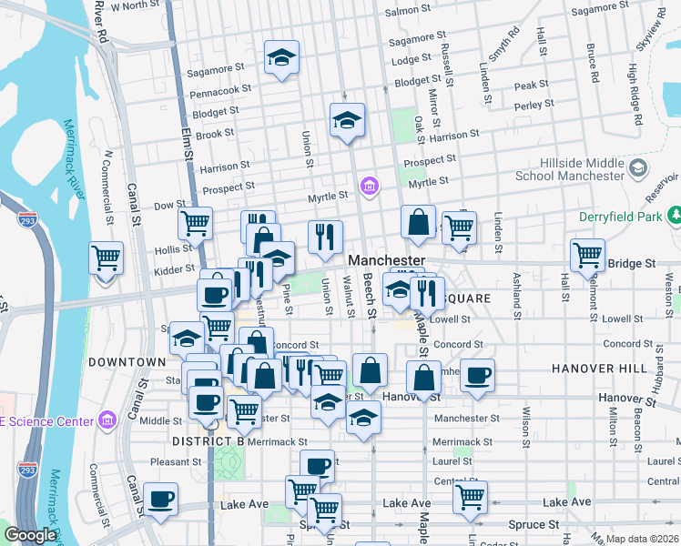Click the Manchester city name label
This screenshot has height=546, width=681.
pos(386,260)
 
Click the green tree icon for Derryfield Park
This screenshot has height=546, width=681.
pos(676,216)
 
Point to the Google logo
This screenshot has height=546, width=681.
pos(30,535)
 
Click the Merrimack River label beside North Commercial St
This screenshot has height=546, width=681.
pos(77,154)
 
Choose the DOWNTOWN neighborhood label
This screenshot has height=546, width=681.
pos(127,362)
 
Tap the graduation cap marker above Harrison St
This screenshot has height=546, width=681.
pos(346,120)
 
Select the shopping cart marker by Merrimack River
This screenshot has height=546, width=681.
pos(107,258)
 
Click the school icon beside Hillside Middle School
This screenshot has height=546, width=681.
pos(637,168)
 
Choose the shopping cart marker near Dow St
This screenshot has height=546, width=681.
pos(195,222)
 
